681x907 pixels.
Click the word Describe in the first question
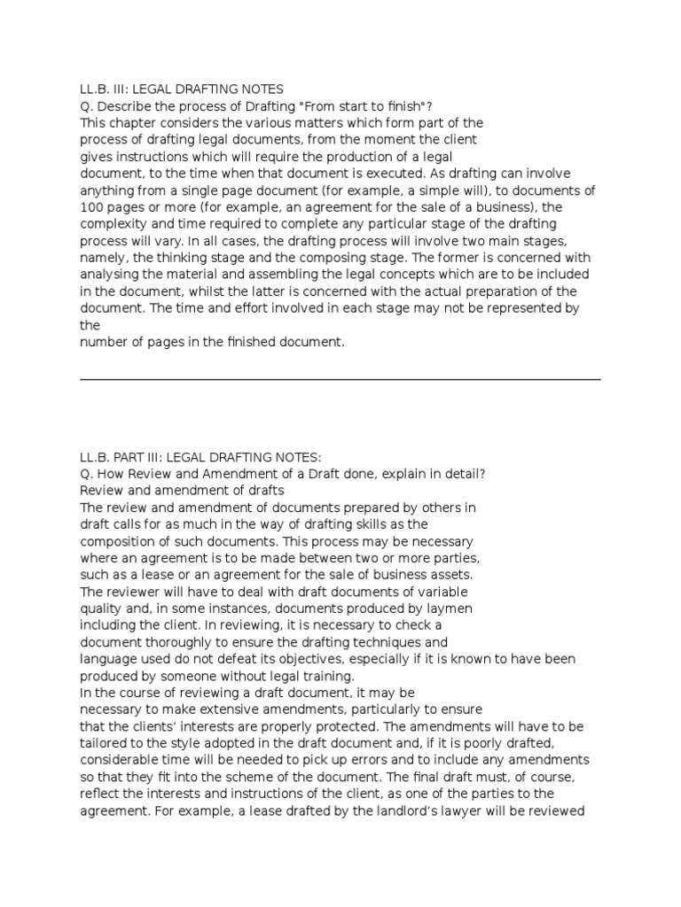121,105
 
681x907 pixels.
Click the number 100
91,206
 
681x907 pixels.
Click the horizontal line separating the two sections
340,379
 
